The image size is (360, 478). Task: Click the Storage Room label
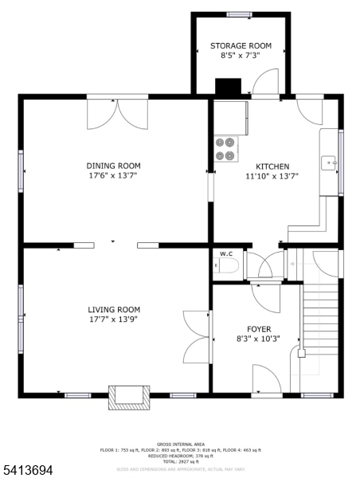[x=241, y=46]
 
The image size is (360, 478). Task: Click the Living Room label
[x=114, y=310]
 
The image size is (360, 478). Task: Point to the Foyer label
[x=258, y=328]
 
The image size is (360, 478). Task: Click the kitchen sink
[x=330, y=163]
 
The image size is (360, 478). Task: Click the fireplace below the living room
[x=128, y=397]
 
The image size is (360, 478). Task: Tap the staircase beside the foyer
[x=321, y=319]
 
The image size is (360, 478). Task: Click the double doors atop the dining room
[x=117, y=114]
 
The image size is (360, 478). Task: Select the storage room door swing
[x=266, y=82]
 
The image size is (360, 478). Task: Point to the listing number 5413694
[x=29, y=471]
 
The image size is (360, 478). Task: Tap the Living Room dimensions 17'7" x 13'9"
[x=114, y=320]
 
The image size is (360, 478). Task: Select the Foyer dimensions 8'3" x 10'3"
[x=258, y=339]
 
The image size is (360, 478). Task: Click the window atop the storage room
[x=240, y=14]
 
